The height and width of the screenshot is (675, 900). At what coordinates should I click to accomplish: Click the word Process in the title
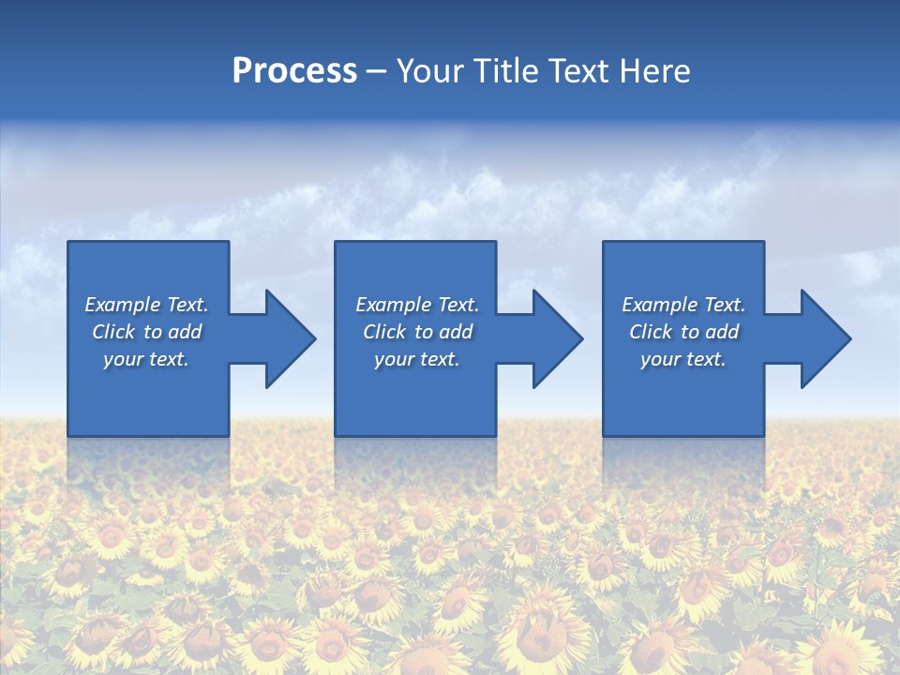point(294,71)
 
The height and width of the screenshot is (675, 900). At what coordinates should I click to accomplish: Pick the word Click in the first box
point(114,332)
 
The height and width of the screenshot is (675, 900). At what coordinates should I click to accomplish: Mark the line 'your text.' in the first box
point(146,359)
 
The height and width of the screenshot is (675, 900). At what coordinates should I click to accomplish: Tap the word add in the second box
point(456,332)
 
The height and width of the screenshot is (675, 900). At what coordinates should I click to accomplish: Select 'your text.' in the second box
point(416,359)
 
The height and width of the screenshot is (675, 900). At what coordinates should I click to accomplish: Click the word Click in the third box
point(652,332)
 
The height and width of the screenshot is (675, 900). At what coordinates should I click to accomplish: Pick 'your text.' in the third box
point(683,359)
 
